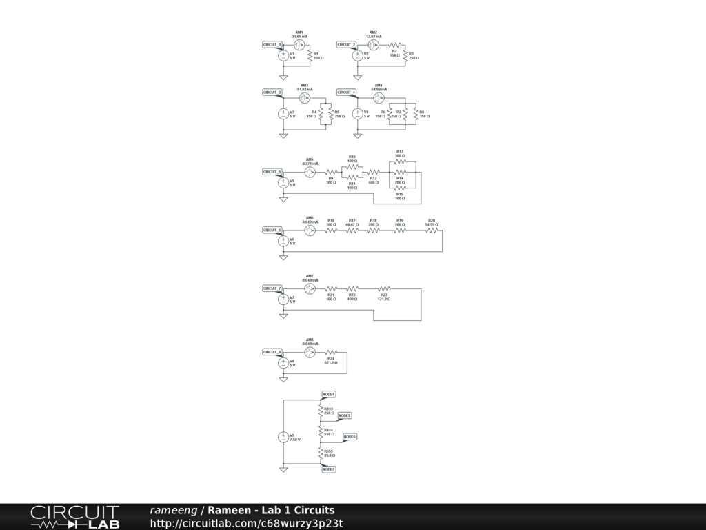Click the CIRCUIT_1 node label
(x=272, y=44)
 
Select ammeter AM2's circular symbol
(x=373, y=44)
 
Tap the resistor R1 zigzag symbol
(x=310, y=55)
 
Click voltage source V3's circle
(x=283, y=115)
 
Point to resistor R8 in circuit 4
(x=416, y=114)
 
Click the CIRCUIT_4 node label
(x=347, y=92)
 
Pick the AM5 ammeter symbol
(x=310, y=171)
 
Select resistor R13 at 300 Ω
(x=400, y=161)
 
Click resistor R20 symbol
(x=432, y=230)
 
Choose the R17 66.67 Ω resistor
(x=352, y=230)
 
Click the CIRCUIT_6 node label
(x=272, y=230)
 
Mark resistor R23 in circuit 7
(x=383, y=288)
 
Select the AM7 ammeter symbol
(x=310, y=288)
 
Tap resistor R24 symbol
(x=331, y=352)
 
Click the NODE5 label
(x=345, y=415)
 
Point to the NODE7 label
(x=328, y=469)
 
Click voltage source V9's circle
(x=283, y=438)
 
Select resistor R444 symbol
(x=320, y=431)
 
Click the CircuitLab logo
(x=74, y=517)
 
